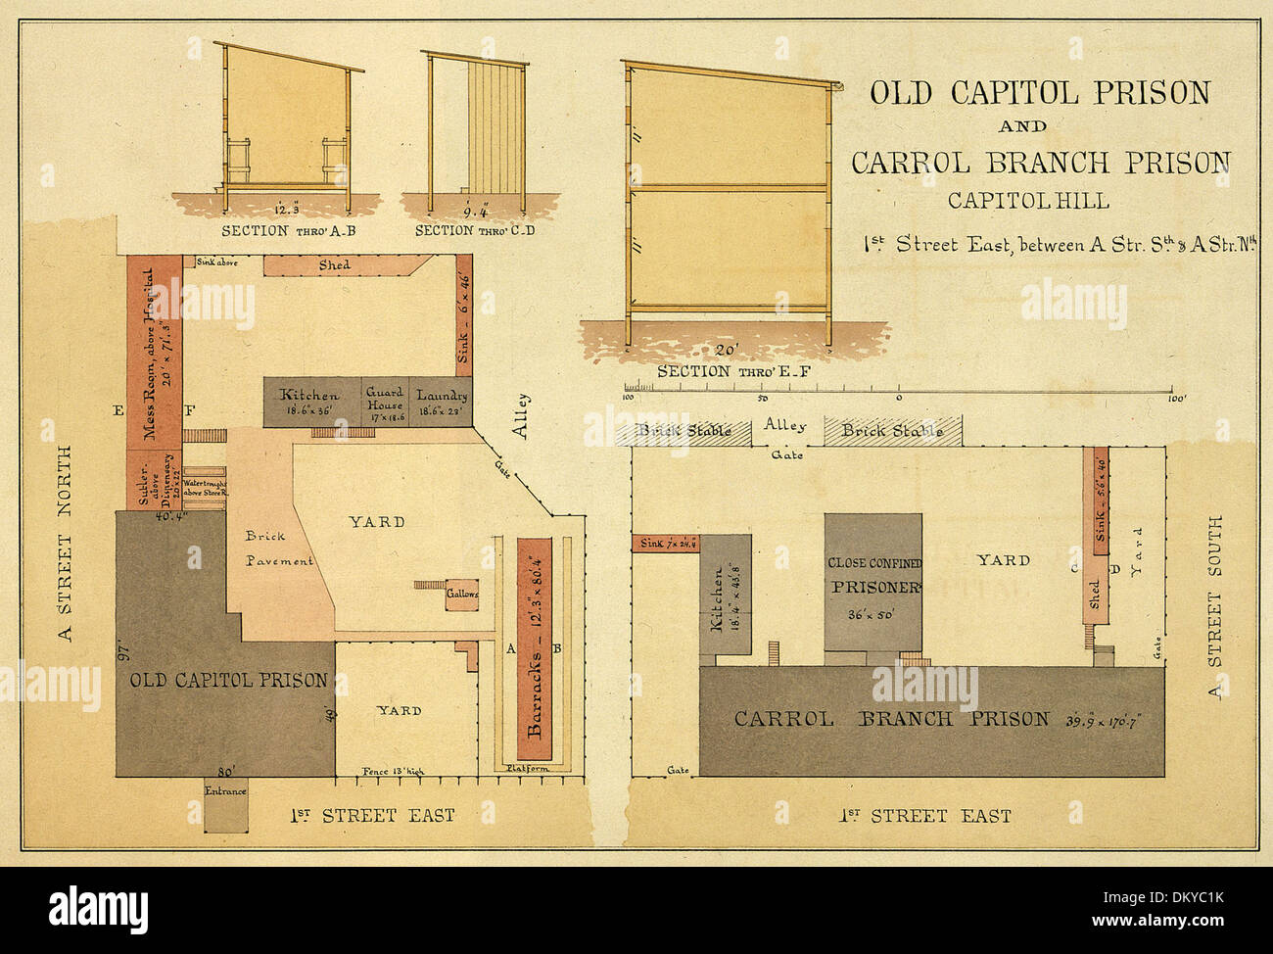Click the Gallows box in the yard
[x=462, y=595]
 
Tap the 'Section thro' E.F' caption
[x=721, y=371]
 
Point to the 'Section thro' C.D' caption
[x=475, y=231]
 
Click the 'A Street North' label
[x=66, y=544]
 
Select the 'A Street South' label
[x=1215, y=607]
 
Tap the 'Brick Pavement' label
[x=278, y=549]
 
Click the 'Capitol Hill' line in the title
[x=1028, y=201]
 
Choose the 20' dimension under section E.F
[x=726, y=351]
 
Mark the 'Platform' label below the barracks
[x=528, y=769]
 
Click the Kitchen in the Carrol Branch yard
[x=726, y=597]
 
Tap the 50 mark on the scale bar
[x=762, y=399]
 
